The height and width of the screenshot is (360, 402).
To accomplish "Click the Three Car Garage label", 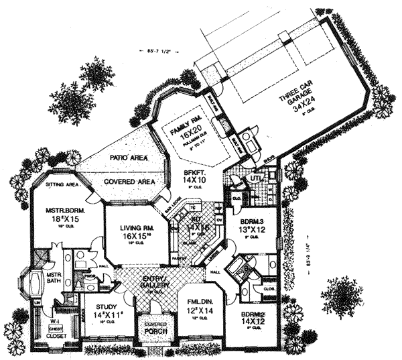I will tap(296, 105).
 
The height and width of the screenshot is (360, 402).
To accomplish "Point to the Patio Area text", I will tap(123, 159).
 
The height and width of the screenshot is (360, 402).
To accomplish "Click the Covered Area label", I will tap(128, 182).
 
